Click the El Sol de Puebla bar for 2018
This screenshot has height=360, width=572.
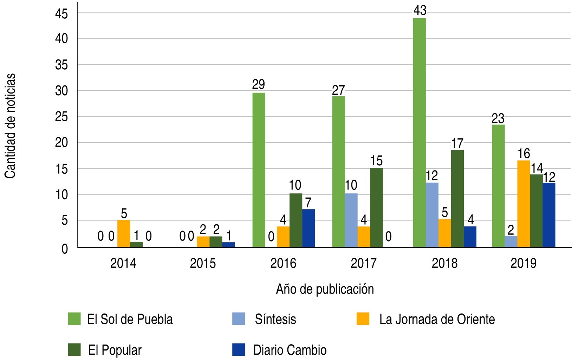(419, 133)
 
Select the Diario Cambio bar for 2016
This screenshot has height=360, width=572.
(308, 228)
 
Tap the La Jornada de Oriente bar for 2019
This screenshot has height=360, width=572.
(524, 204)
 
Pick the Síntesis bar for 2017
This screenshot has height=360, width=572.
(351, 220)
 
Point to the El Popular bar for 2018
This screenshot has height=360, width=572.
(457, 199)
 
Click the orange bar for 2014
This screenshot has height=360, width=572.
(124, 234)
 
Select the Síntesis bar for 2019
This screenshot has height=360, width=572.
(511, 242)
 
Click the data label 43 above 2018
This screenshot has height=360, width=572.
(420, 11)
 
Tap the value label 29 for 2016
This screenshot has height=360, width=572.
(259, 85)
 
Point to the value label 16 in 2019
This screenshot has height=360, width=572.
(524, 154)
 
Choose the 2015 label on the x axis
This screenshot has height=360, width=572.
(203, 263)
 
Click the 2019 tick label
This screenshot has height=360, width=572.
(524, 263)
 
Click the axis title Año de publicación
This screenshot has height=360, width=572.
(325, 289)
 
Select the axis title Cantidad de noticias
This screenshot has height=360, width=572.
(11, 126)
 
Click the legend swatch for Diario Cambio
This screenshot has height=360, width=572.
(239, 350)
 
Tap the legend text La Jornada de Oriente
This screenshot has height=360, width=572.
(437, 319)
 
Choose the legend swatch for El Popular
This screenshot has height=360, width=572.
(74, 350)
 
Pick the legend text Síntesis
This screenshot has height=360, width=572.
(275, 319)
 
